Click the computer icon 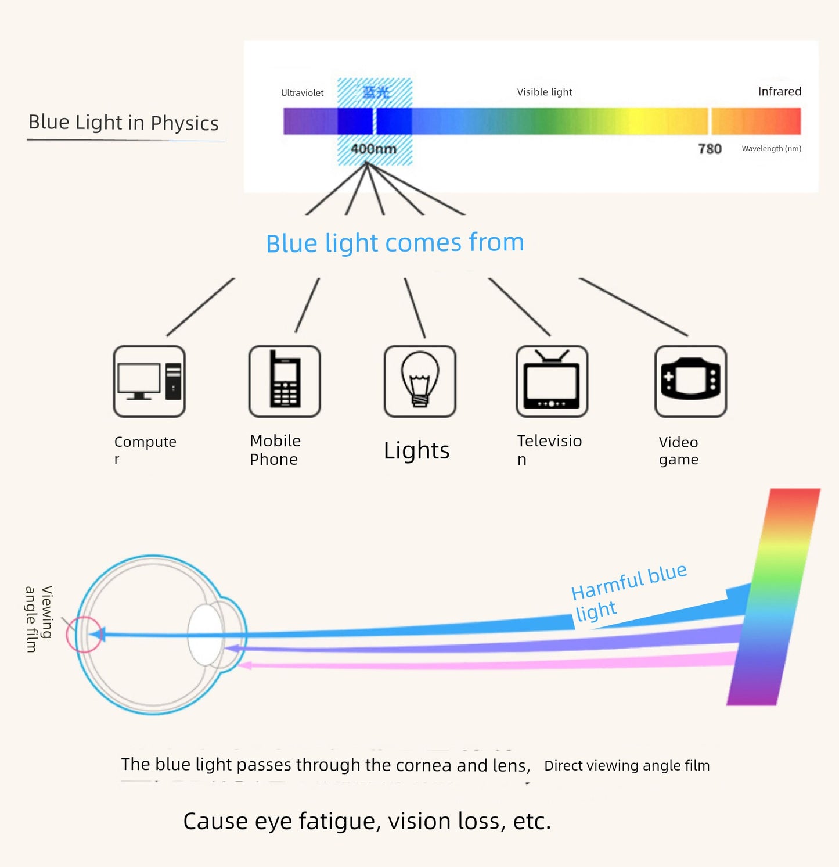pyautogui.click(x=149, y=381)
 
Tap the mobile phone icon pyautogui.click(x=285, y=381)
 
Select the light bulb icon pyautogui.click(x=420, y=381)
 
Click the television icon pyautogui.click(x=552, y=381)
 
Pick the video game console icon pyautogui.click(x=690, y=381)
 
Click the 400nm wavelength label pyautogui.click(x=374, y=149)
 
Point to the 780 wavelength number pyautogui.click(x=710, y=149)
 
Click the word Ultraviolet pyautogui.click(x=302, y=93)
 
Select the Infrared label pyautogui.click(x=779, y=91)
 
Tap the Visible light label pyautogui.click(x=544, y=92)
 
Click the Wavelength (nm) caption pyautogui.click(x=771, y=149)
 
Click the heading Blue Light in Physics pyautogui.click(x=124, y=123)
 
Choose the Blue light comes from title pyautogui.click(x=395, y=243)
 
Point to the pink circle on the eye pyautogui.click(x=84, y=634)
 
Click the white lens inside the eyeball pyautogui.click(x=206, y=635)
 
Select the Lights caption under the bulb pyautogui.click(x=416, y=450)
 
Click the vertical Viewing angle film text pyautogui.click(x=38, y=618)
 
